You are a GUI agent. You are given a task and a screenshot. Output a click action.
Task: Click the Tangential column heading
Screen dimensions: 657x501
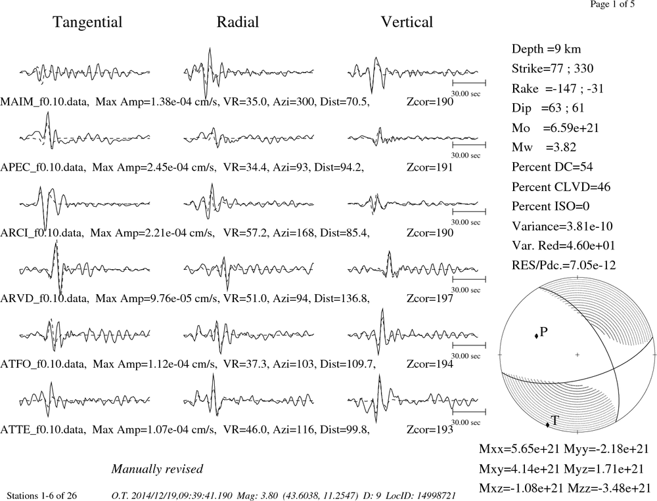coord(87,22)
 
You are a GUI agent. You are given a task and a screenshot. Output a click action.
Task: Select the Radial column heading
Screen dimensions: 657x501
coord(238,22)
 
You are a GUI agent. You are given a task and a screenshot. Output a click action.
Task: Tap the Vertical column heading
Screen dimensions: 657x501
coord(407,22)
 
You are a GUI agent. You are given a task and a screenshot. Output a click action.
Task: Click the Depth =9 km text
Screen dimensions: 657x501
coord(546,49)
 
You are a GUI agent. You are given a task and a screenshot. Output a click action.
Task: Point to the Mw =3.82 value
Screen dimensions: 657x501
coord(544,147)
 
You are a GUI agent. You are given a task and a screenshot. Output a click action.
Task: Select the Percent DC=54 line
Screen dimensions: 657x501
coord(553,167)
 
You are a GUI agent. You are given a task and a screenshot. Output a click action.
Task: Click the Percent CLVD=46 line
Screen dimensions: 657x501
coord(561,186)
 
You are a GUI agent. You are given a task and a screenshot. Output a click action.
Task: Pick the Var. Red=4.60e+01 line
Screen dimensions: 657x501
coord(563,245)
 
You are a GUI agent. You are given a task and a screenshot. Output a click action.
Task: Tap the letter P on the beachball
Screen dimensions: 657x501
coord(544,332)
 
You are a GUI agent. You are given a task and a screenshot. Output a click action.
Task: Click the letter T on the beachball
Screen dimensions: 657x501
coord(555,421)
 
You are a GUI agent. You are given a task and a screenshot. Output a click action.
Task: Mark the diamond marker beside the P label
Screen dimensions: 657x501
coord(536,336)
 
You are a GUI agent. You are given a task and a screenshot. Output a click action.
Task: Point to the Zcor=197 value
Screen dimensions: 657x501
coord(430,298)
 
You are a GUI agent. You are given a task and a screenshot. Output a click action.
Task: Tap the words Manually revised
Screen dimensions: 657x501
coord(157,469)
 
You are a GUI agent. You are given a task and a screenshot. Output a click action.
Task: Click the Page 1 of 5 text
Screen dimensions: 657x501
coord(612,4)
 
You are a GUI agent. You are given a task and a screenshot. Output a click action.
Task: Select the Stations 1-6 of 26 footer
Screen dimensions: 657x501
coord(42,496)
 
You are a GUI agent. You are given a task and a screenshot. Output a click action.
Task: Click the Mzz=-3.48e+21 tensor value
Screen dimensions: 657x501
coord(609,488)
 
